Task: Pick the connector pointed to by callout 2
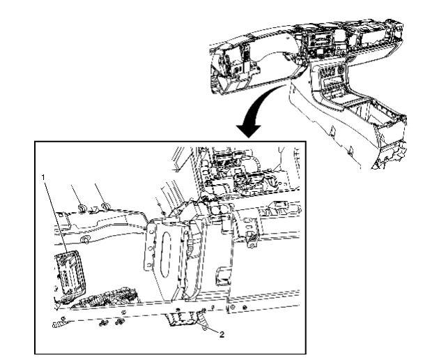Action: tap(183, 320)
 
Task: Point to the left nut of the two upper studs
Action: tap(82, 208)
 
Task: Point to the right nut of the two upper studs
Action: tap(105, 206)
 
